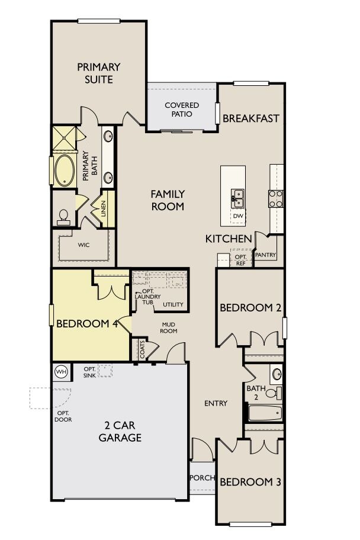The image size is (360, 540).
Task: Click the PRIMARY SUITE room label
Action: tap(98, 73)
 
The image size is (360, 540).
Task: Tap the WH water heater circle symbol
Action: tap(61, 372)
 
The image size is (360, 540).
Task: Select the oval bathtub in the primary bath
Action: tap(63, 171)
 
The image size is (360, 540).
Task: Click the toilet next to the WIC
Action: tap(63, 217)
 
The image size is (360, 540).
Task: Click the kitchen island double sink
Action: tap(237, 197)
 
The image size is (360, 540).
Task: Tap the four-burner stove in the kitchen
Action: tap(277, 198)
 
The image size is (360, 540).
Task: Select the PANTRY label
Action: tap(264, 255)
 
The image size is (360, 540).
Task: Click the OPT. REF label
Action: tap(240, 259)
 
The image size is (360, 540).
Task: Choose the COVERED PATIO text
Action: tap(182, 110)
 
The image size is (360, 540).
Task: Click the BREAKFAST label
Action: tap(250, 118)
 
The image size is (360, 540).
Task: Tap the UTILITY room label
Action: tap(173, 305)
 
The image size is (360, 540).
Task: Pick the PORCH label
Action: tap(201, 478)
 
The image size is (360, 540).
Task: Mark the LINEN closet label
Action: tap(104, 208)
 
